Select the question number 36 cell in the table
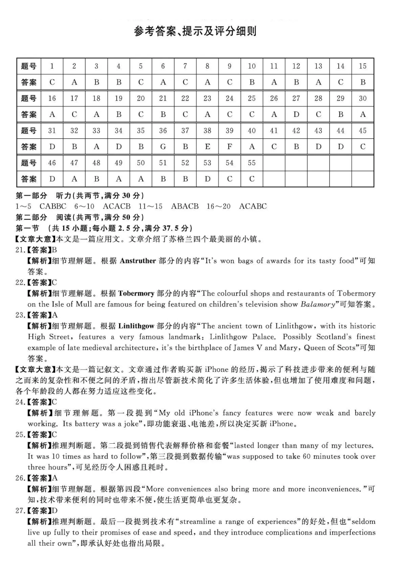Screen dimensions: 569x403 click(x=163, y=131)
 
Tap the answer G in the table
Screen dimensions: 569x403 click(x=163, y=147)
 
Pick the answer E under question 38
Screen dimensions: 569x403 click(x=207, y=147)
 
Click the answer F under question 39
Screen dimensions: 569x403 click(x=229, y=147)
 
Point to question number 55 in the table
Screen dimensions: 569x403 click(x=252, y=163)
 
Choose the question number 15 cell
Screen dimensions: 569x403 click(x=362, y=66)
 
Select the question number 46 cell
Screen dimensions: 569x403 click(x=52, y=163)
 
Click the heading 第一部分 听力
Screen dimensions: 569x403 click(x=80, y=196)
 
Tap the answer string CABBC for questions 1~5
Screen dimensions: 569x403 click(x=53, y=207)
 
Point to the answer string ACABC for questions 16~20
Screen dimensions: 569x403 click(x=253, y=207)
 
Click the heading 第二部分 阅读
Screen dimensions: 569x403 click(x=80, y=218)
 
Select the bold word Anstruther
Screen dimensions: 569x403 click(x=138, y=261)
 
